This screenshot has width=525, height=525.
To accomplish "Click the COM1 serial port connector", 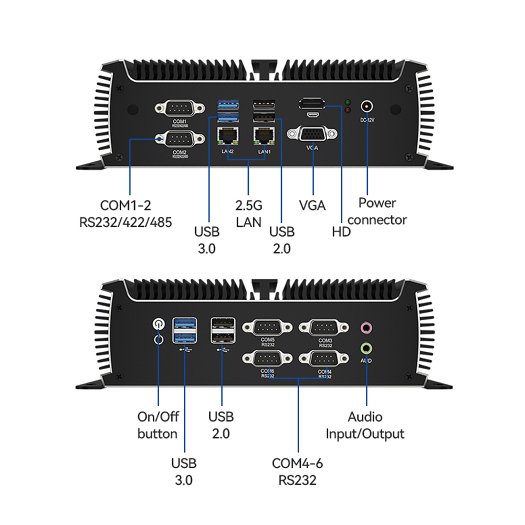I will click(180, 109).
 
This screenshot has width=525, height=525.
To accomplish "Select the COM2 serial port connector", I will click(180, 140).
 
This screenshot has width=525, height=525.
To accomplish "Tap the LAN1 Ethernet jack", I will click(264, 136).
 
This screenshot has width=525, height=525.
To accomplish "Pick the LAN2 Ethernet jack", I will click(227, 136).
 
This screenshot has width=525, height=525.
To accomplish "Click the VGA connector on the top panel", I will click(312, 134).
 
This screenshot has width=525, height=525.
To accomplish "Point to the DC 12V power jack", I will click(367, 107).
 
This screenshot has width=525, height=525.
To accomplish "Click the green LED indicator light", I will click(348, 101).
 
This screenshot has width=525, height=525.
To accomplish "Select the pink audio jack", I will click(367, 329).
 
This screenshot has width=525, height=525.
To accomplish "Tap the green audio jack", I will click(367, 348).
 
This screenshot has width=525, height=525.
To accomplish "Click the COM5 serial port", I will click(267, 328).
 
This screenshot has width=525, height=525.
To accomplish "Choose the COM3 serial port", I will click(324, 328).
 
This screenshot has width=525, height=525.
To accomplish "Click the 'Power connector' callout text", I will click(377, 211).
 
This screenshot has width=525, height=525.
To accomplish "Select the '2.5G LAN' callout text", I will click(248, 213).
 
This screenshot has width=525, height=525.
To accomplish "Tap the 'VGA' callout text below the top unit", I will click(312, 205).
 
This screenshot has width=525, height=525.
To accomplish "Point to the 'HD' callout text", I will click(341, 232).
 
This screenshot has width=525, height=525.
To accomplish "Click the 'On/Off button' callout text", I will click(158, 425).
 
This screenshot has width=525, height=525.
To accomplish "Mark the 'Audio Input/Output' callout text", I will click(365, 425).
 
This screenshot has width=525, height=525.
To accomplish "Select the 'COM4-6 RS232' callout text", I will click(297, 471).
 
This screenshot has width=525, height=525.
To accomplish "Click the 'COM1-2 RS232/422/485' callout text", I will click(125, 213).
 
